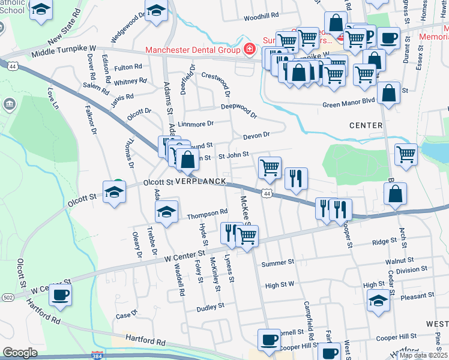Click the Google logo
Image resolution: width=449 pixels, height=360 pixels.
point(20,352)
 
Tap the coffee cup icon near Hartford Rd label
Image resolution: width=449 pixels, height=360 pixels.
point(60,295)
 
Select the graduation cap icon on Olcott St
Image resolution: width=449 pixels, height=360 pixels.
point(113,191)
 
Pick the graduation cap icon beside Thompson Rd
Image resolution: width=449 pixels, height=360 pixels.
point(167,211)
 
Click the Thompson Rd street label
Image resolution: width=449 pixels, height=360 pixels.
point(207,212)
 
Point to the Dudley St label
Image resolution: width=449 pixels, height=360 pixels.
point(211,306)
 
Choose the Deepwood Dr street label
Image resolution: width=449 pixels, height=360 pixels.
point(238,109)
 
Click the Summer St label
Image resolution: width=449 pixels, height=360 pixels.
point(278,263)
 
